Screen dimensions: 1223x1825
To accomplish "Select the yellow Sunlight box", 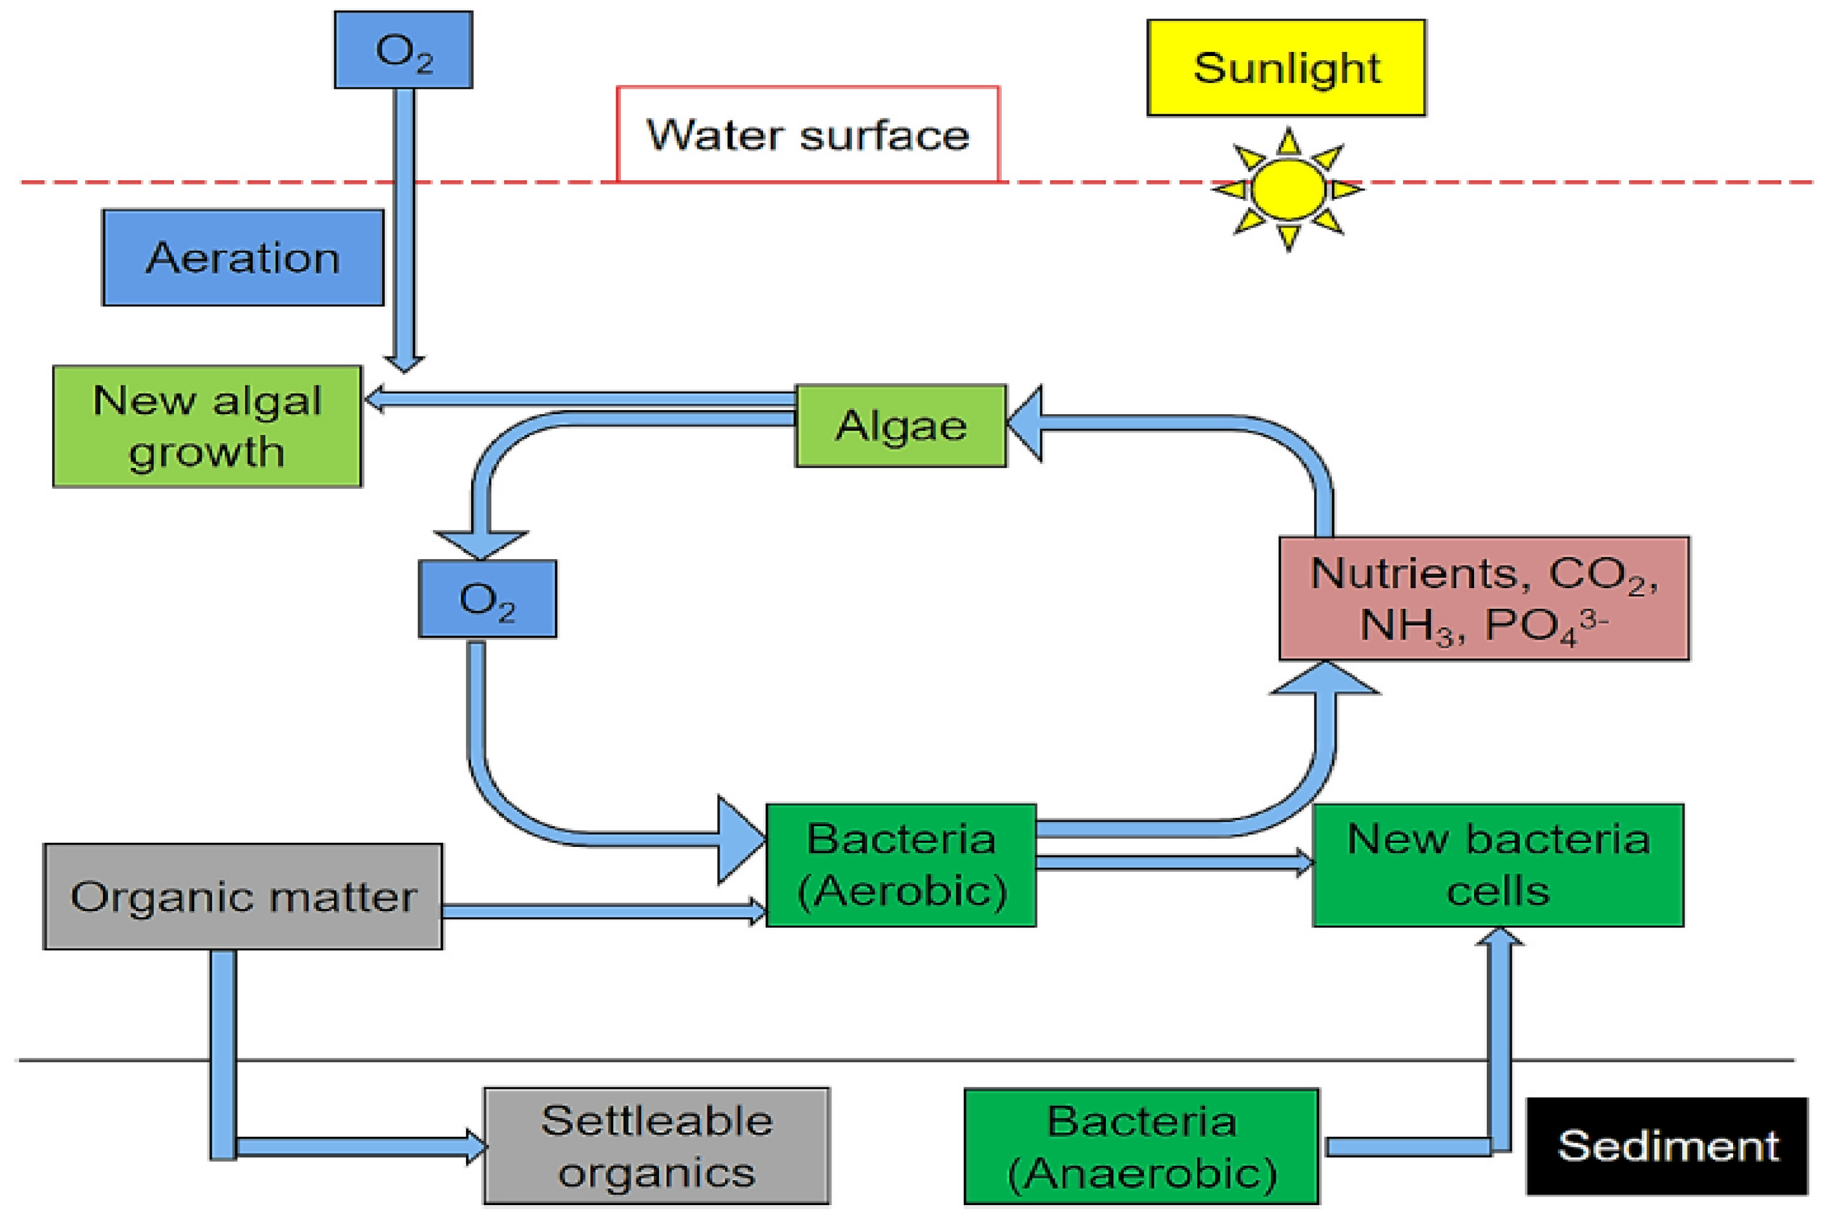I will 1285,68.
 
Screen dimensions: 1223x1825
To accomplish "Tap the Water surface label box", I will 807,134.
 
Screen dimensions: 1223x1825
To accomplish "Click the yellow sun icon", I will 1287,189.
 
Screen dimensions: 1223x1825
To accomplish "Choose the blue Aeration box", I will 243,258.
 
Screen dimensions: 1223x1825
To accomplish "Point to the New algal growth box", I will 207,426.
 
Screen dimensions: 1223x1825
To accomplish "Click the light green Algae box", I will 901,426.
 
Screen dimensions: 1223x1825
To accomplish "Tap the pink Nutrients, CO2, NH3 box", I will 1483,599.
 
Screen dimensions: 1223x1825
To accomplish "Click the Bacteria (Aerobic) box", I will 901,865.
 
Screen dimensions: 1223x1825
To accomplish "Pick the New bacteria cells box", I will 1497,865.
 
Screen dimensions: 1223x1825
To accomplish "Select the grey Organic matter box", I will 243,896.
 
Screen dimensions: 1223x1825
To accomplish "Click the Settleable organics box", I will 656,1146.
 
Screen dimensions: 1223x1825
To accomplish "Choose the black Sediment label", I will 1667,1146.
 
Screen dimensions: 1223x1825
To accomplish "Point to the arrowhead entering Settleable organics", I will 476,1146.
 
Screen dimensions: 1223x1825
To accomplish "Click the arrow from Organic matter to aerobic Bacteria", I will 601,911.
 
